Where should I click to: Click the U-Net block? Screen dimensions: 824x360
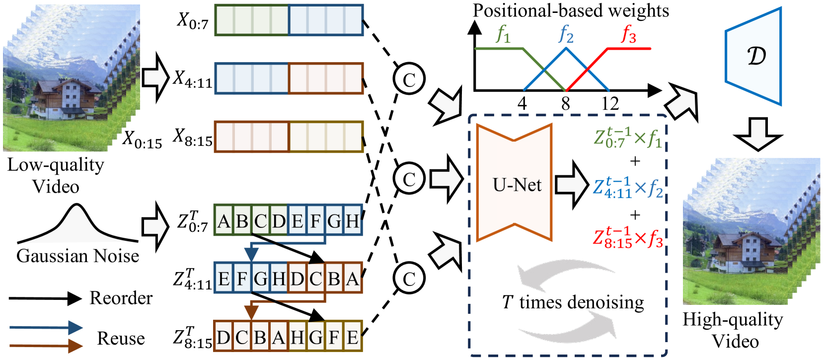tap(514, 183)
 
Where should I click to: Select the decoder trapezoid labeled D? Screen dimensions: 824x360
tap(753, 56)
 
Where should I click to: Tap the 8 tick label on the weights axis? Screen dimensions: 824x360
tap(566, 104)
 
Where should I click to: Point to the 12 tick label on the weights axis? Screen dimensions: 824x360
tap(610, 104)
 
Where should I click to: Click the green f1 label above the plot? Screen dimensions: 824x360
tap(503, 35)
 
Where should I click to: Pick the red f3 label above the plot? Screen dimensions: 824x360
tap(629, 35)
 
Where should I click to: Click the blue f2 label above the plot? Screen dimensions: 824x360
tap(566, 35)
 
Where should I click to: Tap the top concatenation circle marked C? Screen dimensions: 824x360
tap(409, 79)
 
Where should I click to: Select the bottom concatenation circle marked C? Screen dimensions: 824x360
tap(409, 279)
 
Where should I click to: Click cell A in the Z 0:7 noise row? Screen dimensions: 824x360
tap(224, 220)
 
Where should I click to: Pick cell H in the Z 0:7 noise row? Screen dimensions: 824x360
tap(353, 220)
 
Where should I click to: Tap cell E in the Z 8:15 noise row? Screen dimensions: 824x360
tap(353, 337)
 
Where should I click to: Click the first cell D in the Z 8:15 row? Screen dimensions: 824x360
tap(224, 337)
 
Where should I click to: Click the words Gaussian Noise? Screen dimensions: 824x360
tap(77, 256)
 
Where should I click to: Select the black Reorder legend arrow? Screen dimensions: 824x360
tap(45, 298)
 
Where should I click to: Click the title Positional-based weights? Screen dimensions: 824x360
tap(571, 10)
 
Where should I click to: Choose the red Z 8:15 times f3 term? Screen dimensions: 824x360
tap(628, 237)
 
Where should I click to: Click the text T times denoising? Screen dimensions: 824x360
tap(573, 302)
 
